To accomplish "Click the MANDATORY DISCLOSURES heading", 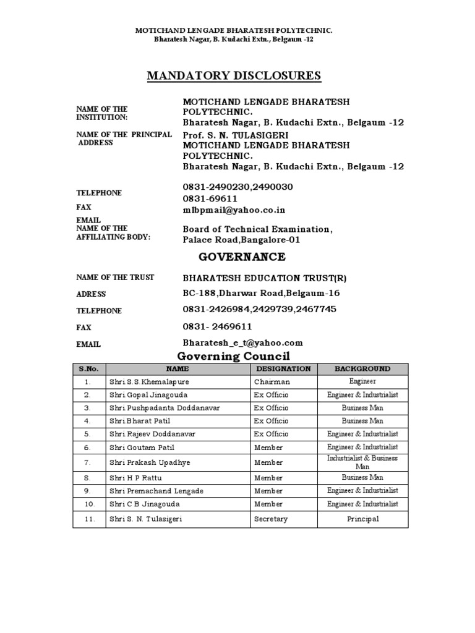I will pyautogui.click(x=234, y=76).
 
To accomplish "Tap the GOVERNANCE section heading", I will pyautogui.click(x=234, y=257).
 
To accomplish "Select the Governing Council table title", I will pyautogui.click(x=234, y=356).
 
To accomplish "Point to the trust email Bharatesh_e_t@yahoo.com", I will pyautogui.click(x=242, y=342).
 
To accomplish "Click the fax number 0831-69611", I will pyautogui.click(x=210, y=198).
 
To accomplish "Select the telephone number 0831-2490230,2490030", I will pyautogui.click(x=237, y=187).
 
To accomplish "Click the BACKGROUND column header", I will pyautogui.click(x=362, y=369).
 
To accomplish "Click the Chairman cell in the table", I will pyautogui.click(x=272, y=382).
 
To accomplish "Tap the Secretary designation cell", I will pyautogui.click(x=271, y=519).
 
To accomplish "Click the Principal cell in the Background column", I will pyautogui.click(x=362, y=519).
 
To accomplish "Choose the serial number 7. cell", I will pyautogui.click(x=88, y=462).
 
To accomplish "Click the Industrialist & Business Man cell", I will pyautogui.click(x=362, y=462).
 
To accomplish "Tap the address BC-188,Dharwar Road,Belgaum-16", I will pyautogui.click(x=261, y=294).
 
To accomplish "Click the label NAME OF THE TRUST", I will pyautogui.click(x=115, y=278).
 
